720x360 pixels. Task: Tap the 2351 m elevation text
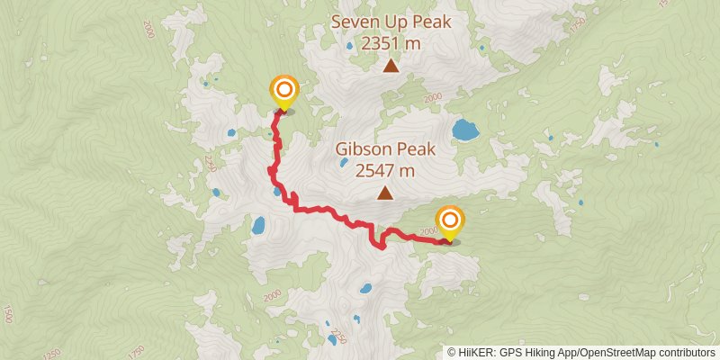tap(390, 42)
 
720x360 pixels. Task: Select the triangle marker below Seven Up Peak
tap(391, 65)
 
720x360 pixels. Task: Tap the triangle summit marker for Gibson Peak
tap(385, 193)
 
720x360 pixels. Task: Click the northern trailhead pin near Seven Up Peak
tap(284, 91)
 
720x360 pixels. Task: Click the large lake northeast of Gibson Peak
tap(465, 130)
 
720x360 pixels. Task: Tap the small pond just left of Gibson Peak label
tap(343, 163)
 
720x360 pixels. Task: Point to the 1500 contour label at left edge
tap(8, 314)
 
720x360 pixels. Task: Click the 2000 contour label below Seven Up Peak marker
tap(433, 97)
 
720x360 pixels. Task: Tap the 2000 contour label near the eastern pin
tap(427, 232)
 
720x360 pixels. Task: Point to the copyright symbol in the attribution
tap(452, 352)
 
